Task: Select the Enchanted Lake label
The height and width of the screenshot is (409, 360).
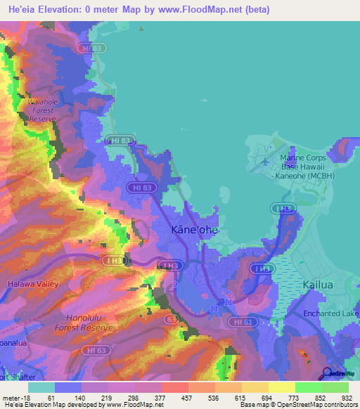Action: tap(331, 313)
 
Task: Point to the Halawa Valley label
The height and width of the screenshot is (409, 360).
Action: tap(33, 284)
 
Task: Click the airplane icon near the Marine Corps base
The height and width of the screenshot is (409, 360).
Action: tap(264, 162)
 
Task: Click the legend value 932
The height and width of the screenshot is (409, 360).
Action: tap(345, 397)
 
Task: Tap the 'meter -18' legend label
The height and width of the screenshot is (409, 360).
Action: tap(16, 397)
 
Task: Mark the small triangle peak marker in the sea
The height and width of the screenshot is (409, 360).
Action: tap(141, 30)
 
